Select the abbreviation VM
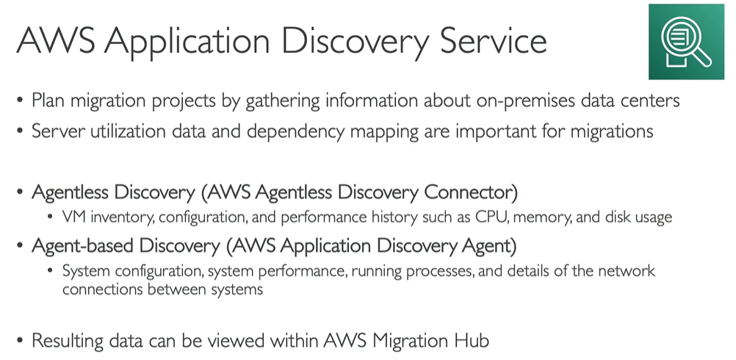tap(73, 217)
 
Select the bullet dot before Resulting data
tap(20, 341)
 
